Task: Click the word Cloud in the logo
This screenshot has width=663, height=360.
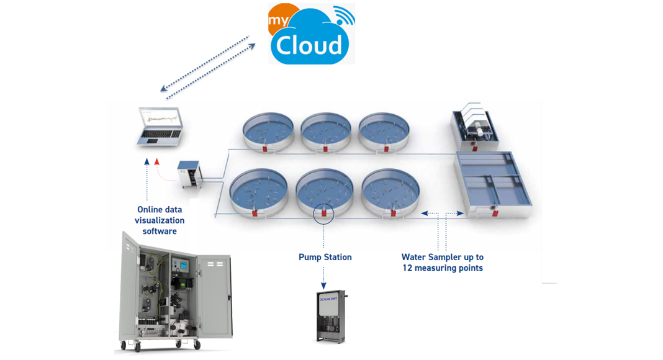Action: (x=309, y=45)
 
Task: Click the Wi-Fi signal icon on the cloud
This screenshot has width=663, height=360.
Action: (x=343, y=16)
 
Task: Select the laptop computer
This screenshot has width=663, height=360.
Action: (x=160, y=127)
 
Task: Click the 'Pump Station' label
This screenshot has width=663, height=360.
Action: (x=325, y=257)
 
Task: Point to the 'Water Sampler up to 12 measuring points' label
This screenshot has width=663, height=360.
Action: (x=442, y=263)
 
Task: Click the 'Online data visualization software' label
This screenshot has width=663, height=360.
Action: (x=160, y=220)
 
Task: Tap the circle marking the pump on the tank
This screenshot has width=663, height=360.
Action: (x=324, y=214)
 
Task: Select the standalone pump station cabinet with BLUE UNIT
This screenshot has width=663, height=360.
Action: (x=330, y=316)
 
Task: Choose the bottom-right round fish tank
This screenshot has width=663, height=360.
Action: (x=391, y=191)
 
